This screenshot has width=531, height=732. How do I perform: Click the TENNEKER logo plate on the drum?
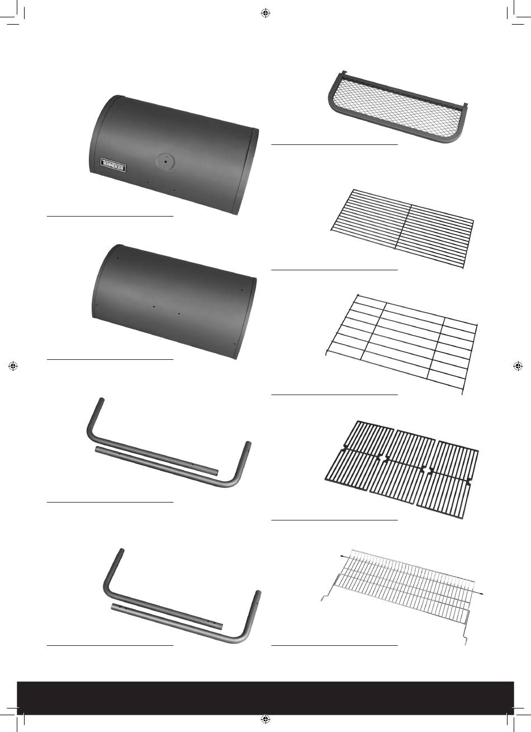[113, 165]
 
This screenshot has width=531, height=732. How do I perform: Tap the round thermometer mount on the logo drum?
[165, 161]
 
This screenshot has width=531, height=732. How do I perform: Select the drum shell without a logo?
[174, 301]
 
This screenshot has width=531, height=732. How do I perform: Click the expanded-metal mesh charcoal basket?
[398, 106]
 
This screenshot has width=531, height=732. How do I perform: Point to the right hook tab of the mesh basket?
[466, 106]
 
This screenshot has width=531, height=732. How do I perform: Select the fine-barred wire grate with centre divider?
[402, 228]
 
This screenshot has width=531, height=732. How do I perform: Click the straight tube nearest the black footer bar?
[167, 617]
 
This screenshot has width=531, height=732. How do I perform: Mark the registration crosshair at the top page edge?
[265, 13]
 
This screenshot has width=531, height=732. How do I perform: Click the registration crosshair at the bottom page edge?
[265, 719]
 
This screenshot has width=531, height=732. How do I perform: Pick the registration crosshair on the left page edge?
[13, 366]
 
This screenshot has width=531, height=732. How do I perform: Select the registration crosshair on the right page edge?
[518, 366]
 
